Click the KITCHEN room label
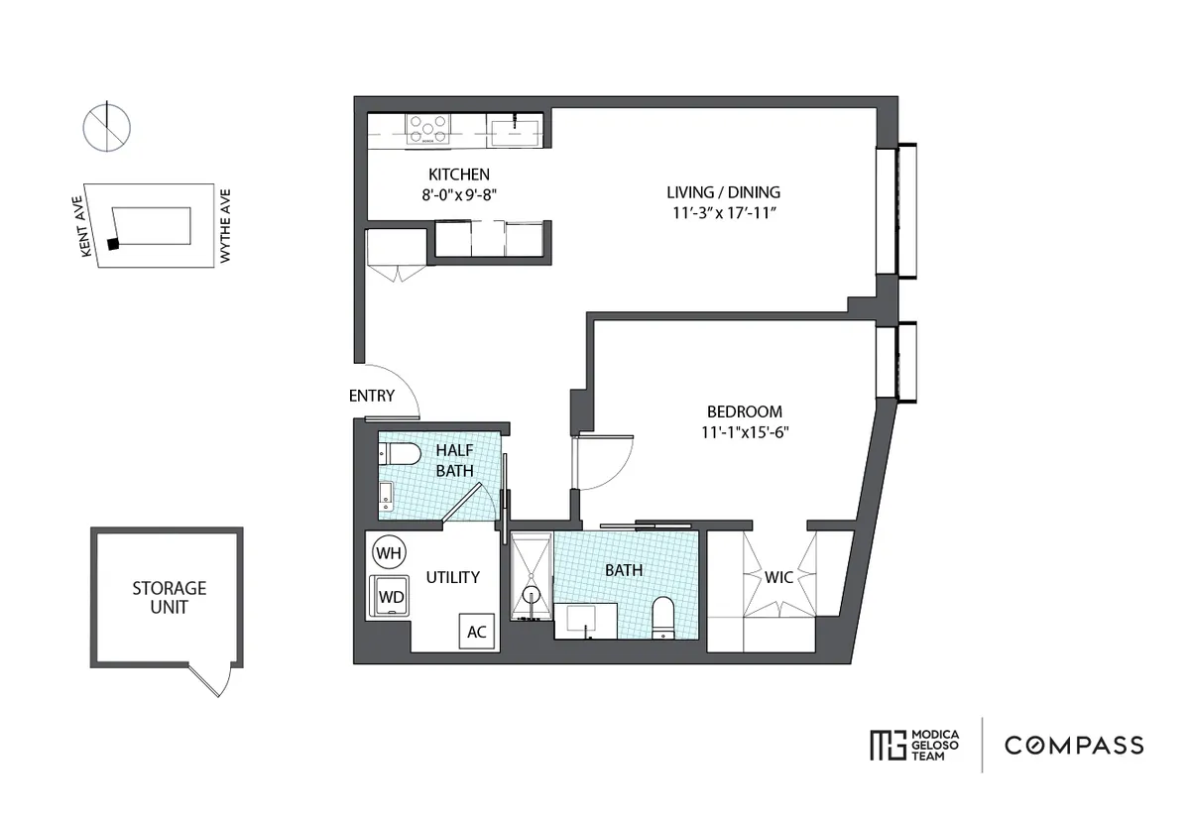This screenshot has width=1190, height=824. coord(459,175)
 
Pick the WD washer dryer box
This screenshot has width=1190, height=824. coord(391,597)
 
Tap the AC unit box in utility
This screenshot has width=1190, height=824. coord(476,632)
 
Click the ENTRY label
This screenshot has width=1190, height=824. coord(372,396)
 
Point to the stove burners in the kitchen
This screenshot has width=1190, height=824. coord(428,127)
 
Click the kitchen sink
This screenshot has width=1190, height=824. coord(516,130)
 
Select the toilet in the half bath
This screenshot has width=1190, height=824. coord(401,454)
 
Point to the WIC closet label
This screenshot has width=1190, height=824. coord(778,577)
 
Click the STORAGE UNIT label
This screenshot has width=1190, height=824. coord(170,597)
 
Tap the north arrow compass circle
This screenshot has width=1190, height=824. coord(107,127)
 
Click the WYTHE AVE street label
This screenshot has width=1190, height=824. coord(225,226)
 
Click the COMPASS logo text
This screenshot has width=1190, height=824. coord(1074,745)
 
